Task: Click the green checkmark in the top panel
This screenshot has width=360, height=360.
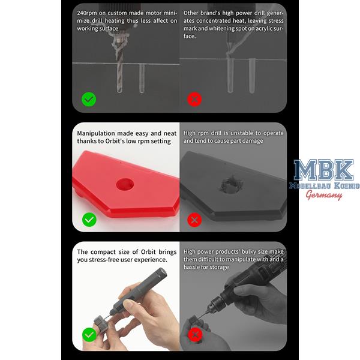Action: tap(89, 100)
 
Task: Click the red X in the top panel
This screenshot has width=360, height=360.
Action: tap(194, 100)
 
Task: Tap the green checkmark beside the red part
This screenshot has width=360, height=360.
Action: tap(89, 220)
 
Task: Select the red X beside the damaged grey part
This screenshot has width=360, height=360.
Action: tap(194, 220)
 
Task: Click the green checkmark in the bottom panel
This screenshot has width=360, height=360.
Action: tap(89, 335)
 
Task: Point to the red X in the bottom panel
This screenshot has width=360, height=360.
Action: tap(195, 335)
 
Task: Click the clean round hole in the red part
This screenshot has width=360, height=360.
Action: tap(125, 184)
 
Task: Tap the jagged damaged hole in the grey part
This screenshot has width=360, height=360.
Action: tap(231, 184)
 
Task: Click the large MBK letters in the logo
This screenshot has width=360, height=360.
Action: tap(324, 170)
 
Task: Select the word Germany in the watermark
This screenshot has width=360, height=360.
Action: tap(324, 195)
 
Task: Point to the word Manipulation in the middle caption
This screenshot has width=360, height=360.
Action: tap(96, 133)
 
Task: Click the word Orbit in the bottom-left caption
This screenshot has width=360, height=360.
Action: tap(148, 252)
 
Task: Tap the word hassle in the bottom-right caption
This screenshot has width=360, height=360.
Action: tap(192, 267)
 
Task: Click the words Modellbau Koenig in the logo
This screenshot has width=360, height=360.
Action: tap(324, 185)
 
